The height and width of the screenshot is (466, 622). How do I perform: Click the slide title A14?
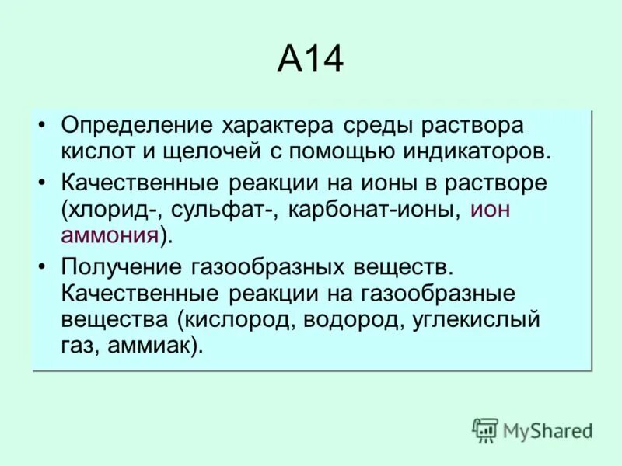click(x=310, y=61)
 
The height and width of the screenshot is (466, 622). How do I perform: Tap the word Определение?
click(x=138, y=126)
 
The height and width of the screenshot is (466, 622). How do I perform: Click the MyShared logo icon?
click(x=485, y=429)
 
